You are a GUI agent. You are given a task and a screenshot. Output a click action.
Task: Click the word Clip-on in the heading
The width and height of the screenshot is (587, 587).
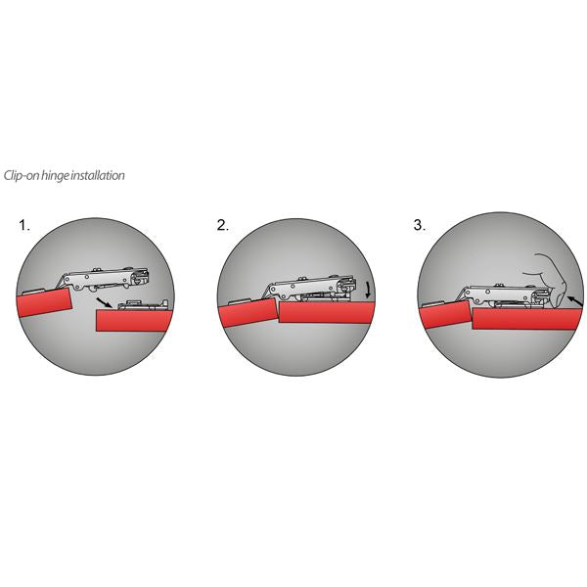pos(22,175)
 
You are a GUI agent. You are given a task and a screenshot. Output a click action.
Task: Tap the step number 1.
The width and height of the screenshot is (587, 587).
pos(24,225)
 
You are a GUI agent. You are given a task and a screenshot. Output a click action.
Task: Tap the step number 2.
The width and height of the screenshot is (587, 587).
pos(222,225)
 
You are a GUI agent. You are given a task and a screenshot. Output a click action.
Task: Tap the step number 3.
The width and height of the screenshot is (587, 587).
pos(420,225)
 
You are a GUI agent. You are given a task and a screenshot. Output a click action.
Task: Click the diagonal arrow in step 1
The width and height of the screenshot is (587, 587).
pos(104,302)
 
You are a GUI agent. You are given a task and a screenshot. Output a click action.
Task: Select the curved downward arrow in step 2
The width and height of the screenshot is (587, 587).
pos(369,290)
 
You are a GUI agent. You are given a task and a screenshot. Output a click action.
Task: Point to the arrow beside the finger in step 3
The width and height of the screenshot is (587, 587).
pos(575,301)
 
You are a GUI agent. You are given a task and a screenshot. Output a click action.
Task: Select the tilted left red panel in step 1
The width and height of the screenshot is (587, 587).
pos(44,301)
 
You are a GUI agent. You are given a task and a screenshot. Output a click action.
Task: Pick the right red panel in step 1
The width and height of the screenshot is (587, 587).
pos(134,320)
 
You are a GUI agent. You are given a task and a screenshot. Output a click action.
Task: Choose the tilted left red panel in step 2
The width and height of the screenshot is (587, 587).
pos(248,313)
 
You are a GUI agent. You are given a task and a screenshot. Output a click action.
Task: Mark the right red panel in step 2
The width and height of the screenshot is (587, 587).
pos(327,312)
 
